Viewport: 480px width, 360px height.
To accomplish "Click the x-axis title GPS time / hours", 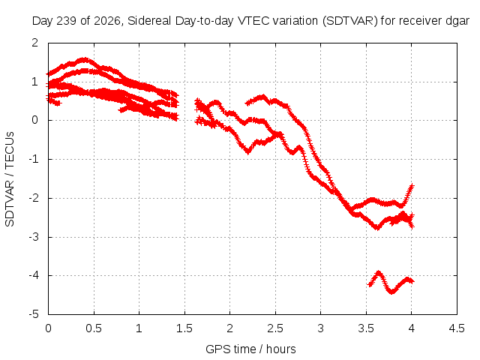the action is click(x=250, y=349).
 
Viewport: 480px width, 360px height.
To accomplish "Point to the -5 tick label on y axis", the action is click(x=34, y=314).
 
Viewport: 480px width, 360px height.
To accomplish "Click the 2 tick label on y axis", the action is click(x=35, y=43).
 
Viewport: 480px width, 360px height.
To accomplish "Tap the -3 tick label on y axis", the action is click(x=34, y=237).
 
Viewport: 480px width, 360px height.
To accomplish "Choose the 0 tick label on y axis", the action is click(x=35, y=120).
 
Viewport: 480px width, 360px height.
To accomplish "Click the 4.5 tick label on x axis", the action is click(x=457, y=328).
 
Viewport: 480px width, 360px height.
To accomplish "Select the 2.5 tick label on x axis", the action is click(x=275, y=328).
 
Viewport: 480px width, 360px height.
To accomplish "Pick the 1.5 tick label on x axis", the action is click(x=184, y=328).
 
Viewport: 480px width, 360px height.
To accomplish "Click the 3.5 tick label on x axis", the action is click(x=366, y=328).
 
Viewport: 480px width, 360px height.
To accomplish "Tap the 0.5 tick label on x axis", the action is click(x=94, y=328).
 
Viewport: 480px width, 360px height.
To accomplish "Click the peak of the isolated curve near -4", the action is click(x=379, y=273).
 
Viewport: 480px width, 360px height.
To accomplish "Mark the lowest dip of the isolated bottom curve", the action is click(x=392, y=292).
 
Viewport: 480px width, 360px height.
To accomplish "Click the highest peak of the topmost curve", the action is click(x=84, y=59).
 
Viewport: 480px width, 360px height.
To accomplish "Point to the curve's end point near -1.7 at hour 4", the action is click(x=412, y=185).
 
